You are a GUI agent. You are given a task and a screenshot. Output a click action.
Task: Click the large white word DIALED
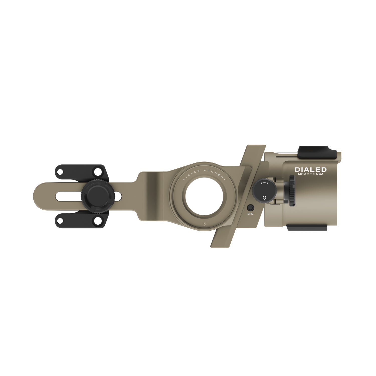[x=311, y=170]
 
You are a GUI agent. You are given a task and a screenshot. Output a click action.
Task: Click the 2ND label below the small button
[x=250, y=214]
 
